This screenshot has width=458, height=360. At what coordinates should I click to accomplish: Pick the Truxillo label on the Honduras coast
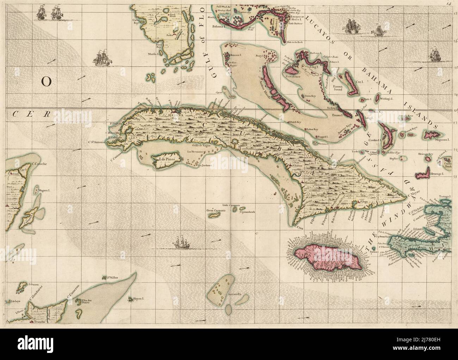(x=38, y=321)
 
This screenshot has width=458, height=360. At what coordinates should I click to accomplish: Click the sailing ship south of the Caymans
(x=181, y=243)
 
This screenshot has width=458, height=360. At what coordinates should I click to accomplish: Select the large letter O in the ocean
(x=46, y=82)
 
